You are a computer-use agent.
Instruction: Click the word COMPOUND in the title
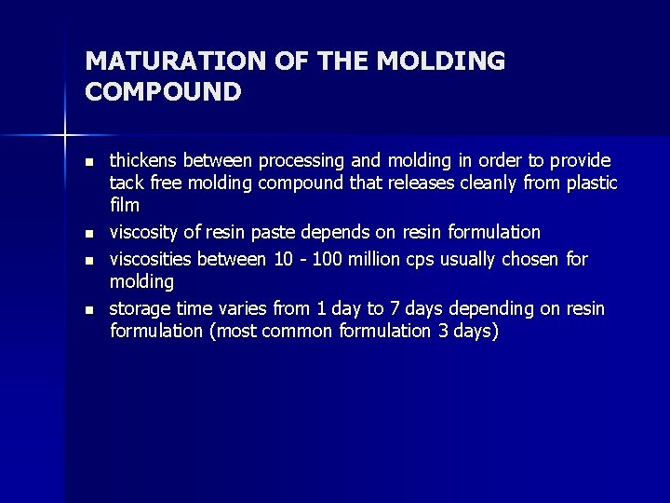click(163, 91)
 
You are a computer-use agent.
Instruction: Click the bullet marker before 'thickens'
click(89, 162)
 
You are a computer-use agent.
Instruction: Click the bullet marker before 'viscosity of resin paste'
click(89, 233)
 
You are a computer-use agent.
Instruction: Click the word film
click(125, 205)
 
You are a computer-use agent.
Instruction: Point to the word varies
click(231, 308)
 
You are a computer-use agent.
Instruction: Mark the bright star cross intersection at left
click(64, 136)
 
